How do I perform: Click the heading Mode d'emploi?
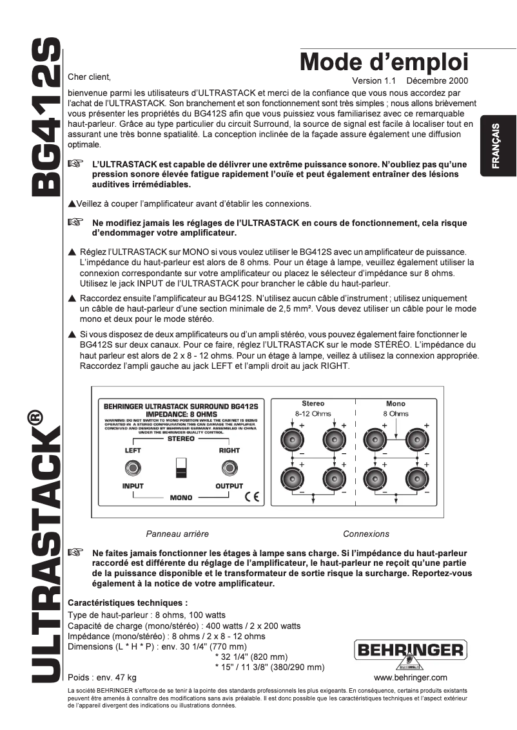(384, 63)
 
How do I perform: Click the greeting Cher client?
(90, 77)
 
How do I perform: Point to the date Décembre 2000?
(438, 81)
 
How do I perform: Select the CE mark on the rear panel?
(251, 497)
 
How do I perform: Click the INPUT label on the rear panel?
(133, 486)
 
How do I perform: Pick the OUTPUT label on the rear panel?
(229, 486)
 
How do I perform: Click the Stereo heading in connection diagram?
(313, 404)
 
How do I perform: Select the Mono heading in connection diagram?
(396, 404)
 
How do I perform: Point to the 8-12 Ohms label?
(312, 413)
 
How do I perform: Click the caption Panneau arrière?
(177, 534)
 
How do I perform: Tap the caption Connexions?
(366, 534)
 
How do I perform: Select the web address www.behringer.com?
(410, 678)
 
